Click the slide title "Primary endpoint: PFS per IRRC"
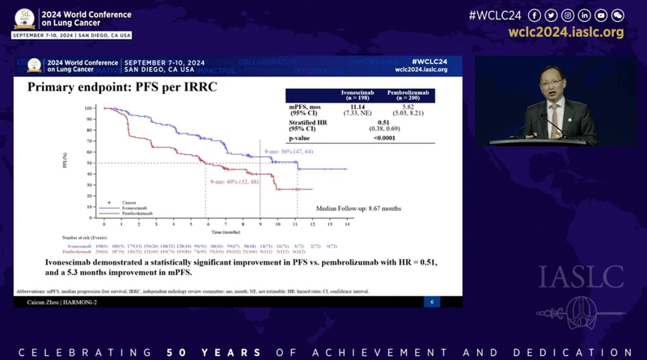[x=122, y=87]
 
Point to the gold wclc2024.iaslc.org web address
[x=566, y=32]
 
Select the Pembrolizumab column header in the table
[x=409, y=95]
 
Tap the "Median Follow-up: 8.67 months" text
[x=357, y=208]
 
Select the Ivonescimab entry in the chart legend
[x=137, y=207]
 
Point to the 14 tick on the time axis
[x=346, y=223]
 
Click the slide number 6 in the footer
[x=432, y=302]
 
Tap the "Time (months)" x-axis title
[x=226, y=231]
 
